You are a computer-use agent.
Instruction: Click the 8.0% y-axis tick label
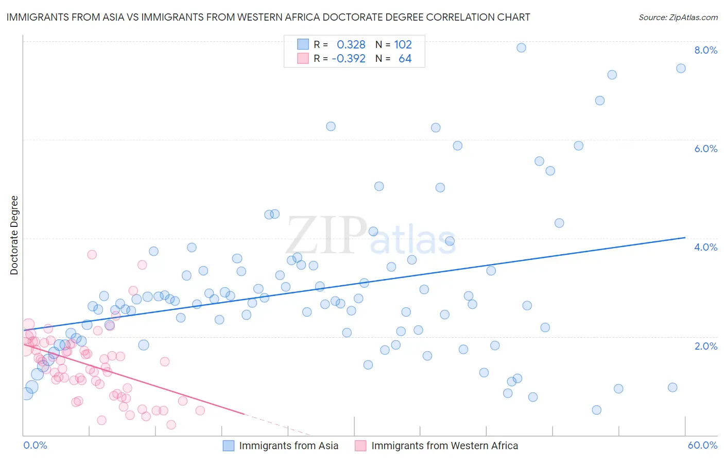705,50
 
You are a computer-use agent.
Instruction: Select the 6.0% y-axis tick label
705,149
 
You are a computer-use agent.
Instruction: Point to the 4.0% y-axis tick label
705,247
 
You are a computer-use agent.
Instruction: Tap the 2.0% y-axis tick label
705,346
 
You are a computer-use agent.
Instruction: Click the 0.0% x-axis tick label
35,445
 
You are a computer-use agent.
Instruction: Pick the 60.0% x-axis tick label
702,445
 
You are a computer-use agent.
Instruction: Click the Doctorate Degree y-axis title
14,235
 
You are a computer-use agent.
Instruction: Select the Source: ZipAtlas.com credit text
678,18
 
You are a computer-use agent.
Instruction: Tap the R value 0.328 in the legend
351,44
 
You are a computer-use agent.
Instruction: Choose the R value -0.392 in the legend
349,59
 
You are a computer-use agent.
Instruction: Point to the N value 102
403,44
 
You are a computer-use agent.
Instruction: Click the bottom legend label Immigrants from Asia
288,446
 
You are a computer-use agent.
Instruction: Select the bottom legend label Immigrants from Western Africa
444,446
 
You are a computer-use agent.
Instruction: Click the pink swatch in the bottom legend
360,446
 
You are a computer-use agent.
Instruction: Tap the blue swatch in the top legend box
303,44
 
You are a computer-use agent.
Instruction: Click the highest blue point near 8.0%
521,47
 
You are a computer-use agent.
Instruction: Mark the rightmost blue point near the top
681,69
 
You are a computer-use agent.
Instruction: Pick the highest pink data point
92,254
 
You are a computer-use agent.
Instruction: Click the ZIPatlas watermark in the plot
371,236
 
